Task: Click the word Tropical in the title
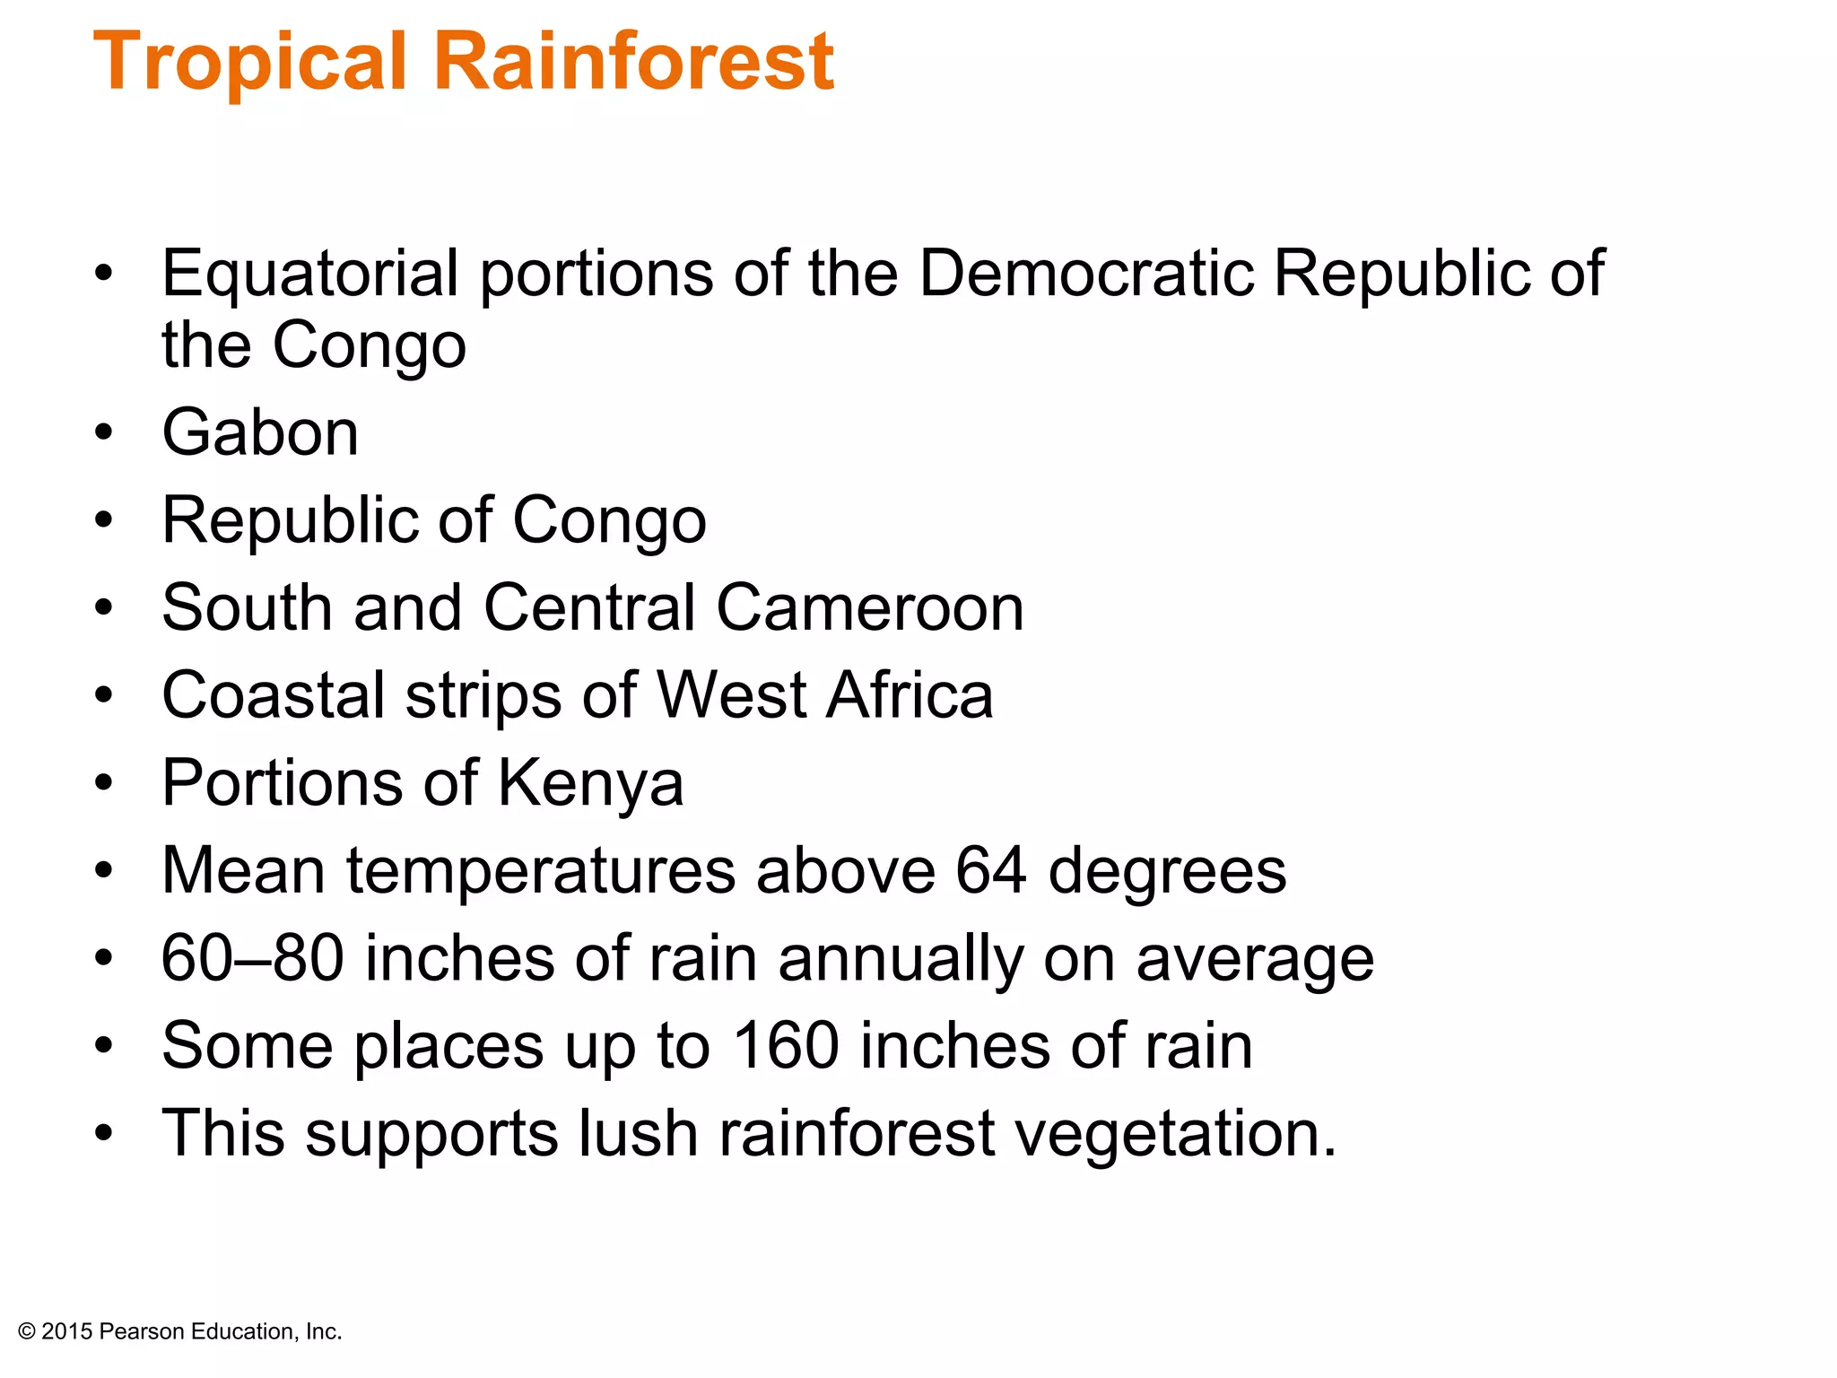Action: coord(250,63)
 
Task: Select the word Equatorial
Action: coord(309,273)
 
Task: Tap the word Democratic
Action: coord(1086,273)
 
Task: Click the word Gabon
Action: coord(260,432)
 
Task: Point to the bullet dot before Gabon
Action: coord(104,432)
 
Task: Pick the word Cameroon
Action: coord(869,607)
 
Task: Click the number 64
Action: coord(990,870)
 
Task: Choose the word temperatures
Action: coord(541,872)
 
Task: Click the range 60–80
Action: coord(252,958)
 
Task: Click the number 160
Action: coord(786,1046)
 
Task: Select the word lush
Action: coord(638,1133)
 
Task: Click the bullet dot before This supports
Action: coord(104,1133)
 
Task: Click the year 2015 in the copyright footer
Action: coord(66,1331)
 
